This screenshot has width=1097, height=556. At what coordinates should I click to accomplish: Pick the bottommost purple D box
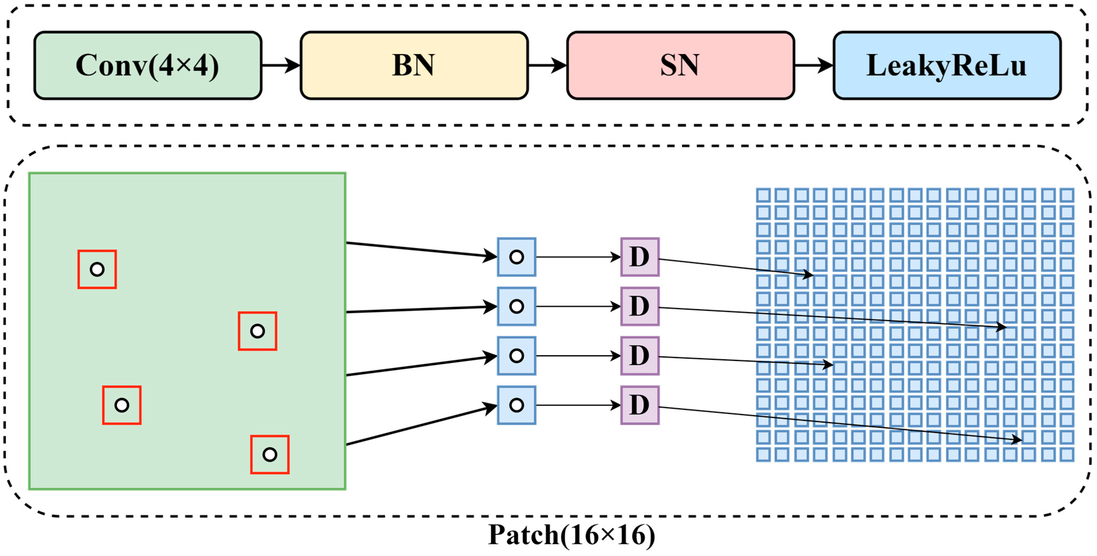[x=640, y=405]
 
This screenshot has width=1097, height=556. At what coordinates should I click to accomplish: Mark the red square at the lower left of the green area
[x=122, y=405]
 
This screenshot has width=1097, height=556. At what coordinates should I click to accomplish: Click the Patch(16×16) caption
[x=572, y=535]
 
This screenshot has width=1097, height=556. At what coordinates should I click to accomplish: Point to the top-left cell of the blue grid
[x=763, y=195]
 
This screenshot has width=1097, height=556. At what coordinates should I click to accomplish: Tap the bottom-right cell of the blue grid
[x=1067, y=454]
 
